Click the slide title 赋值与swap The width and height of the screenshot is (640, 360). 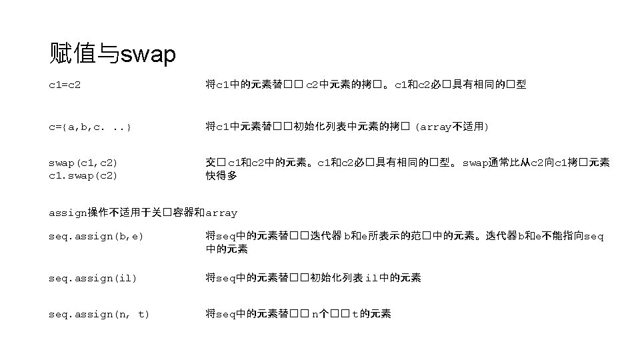click(113, 53)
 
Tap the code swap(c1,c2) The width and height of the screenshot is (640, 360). click(83, 163)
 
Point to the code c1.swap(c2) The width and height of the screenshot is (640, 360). click(83, 176)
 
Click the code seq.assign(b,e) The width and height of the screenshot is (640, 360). click(96, 237)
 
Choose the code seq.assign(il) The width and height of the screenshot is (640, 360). click(93, 278)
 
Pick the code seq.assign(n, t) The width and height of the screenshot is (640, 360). click(99, 314)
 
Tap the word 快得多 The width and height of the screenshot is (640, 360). click(221, 176)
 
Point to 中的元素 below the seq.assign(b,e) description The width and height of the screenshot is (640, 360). click(227, 249)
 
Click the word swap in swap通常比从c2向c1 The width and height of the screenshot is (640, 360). click(476, 163)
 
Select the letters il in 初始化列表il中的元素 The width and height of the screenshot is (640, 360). click(372, 278)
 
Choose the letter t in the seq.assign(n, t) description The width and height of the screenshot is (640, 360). click(355, 314)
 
